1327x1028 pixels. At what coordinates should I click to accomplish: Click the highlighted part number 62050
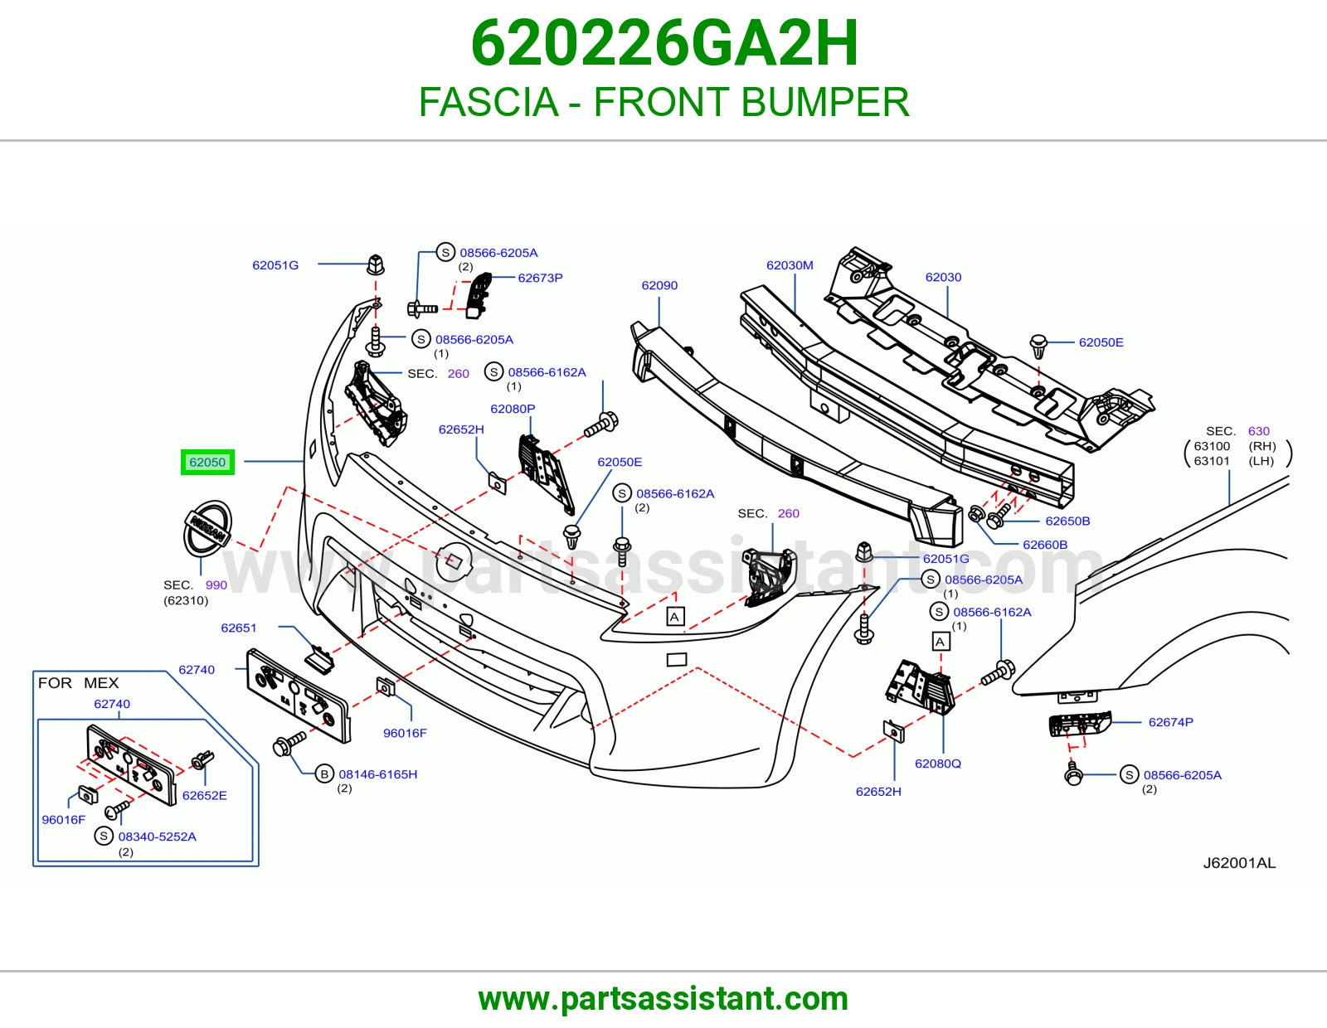coord(207,462)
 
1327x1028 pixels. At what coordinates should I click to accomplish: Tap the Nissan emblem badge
coord(207,529)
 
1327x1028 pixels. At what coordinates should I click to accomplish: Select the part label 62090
coord(659,285)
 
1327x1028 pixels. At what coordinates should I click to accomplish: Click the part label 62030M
coord(790,265)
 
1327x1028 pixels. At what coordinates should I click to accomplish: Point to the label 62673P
coord(540,278)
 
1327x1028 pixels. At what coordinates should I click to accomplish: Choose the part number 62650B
coord(1067,521)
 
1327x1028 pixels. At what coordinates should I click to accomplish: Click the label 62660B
coord(1045,545)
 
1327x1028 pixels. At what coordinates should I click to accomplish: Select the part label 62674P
coord(1171,722)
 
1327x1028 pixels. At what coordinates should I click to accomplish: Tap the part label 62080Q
coord(937,763)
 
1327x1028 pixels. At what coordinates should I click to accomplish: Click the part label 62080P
coord(513,409)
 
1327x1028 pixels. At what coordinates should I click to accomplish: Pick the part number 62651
coord(238,628)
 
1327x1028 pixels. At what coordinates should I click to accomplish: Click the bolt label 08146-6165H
coord(378,774)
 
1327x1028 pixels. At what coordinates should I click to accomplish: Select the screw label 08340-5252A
coord(157,836)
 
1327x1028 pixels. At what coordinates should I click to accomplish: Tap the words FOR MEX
coord(78,682)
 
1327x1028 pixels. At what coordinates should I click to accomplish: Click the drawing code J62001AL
coord(1239,862)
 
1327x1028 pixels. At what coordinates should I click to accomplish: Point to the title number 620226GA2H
coord(664,43)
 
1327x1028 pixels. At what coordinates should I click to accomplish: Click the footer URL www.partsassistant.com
coord(663,999)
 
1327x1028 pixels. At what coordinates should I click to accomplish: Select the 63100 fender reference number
coord(1212,446)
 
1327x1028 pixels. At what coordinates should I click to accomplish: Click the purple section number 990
coord(216,584)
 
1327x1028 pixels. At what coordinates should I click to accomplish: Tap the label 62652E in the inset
coord(205,795)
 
